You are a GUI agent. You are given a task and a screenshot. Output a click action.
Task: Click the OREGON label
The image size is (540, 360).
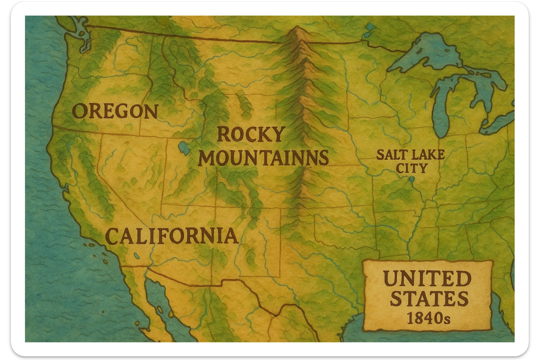point(115,111)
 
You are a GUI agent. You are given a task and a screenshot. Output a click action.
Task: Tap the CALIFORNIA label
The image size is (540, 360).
point(172,236)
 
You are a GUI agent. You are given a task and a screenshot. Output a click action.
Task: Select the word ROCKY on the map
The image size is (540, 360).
point(250,134)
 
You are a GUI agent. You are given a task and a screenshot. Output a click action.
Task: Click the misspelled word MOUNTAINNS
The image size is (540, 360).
point(263,158)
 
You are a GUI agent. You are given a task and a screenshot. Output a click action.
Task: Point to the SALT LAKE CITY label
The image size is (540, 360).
point(410,161)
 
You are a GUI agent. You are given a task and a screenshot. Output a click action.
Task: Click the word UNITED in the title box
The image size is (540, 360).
point(427,279)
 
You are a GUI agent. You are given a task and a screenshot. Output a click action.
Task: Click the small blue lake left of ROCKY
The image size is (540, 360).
point(183,148)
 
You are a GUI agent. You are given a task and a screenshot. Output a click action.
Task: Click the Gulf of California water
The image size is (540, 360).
point(156,299)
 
